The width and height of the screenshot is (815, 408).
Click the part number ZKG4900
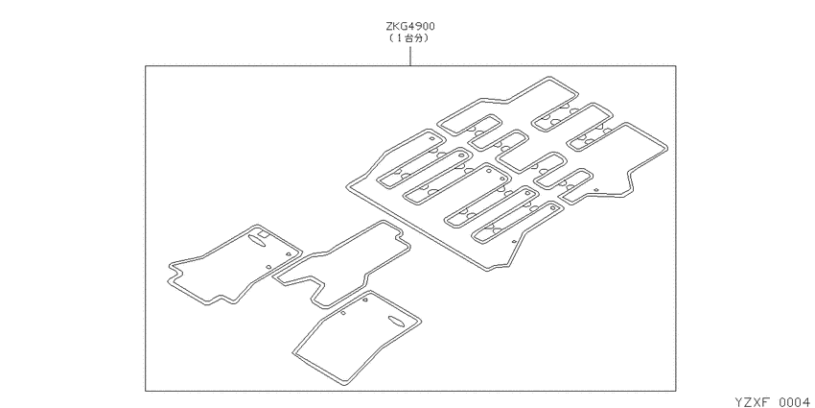click(410, 26)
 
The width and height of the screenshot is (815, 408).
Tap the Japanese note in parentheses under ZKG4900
click(410, 38)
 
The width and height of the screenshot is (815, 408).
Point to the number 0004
click(795, 401)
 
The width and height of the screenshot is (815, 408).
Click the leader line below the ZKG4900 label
click(410, 56)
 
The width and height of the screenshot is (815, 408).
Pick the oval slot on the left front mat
click(257, 238)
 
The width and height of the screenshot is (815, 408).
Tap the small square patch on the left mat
click(265, 234)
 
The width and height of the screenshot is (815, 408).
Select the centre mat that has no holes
click(340, 263)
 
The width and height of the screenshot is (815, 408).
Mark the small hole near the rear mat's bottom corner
click(514, 241)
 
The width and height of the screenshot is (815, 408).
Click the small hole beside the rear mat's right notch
click(596, 190)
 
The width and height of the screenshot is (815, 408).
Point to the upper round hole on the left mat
click(288, 253)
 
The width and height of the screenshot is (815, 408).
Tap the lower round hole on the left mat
click(268, 267)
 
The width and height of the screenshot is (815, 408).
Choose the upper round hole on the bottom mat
click(365, 300)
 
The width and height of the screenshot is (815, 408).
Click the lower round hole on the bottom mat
click(343, 313)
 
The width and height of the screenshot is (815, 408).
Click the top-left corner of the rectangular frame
click(146, 66)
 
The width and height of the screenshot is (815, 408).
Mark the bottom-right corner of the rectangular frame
click(676, 391)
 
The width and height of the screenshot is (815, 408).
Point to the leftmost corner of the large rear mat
click(347, 186)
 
